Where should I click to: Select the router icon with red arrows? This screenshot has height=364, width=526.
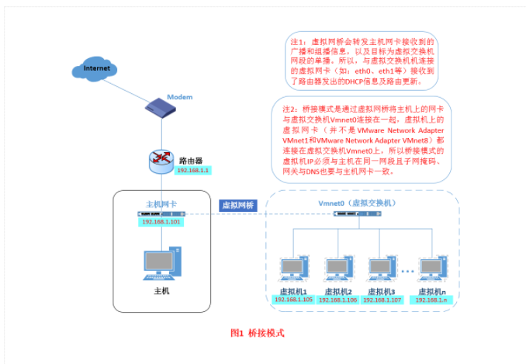tap(161, 158)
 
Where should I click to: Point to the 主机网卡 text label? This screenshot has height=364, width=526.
tap(162, 203)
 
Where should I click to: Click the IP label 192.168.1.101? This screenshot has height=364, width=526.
tap(162, 221)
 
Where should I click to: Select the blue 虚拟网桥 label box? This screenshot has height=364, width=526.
tap(237, 205)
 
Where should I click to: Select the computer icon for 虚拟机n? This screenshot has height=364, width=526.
tap(430, 269)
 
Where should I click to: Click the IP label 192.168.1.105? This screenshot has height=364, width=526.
tap(292, 299)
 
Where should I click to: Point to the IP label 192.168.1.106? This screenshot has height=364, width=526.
tap(337, 299)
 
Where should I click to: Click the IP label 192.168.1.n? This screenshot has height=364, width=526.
tap(431, 299)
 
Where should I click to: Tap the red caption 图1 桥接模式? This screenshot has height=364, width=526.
tap(258, 332)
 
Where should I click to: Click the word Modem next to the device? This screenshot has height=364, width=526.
tap(180, 97)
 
